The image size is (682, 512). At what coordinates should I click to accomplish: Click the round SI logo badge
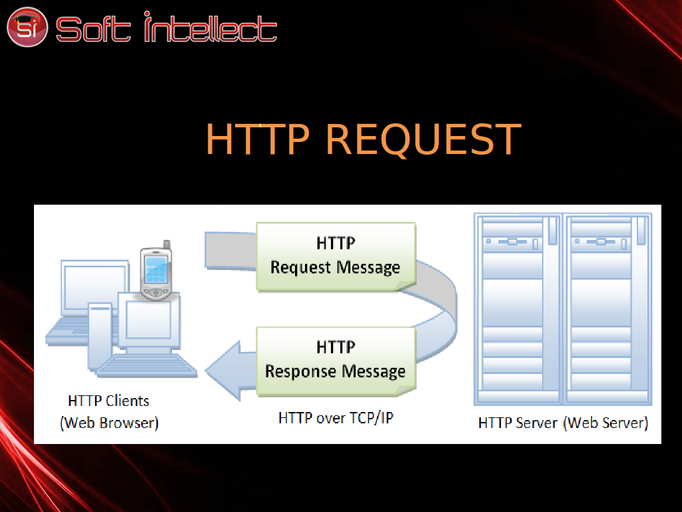(27, 27)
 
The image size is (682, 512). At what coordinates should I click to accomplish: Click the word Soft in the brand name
(93, 29)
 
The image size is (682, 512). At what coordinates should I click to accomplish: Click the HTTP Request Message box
(336, 256)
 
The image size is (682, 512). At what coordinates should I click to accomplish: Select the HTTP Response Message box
(336, 361)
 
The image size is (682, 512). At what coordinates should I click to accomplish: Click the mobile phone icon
(156, 271)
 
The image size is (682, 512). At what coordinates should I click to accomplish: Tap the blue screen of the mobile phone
(156, 269)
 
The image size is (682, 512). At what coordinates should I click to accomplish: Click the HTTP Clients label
(109, 401)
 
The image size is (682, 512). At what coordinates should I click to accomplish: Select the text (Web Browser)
(109, 423)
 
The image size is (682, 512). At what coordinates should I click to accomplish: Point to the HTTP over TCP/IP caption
(336, 418)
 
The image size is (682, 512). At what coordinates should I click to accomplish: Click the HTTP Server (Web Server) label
(563, 423)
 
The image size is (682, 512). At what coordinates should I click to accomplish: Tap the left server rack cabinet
(518, 309)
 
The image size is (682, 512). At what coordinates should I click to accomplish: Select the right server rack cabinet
(607, 309)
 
